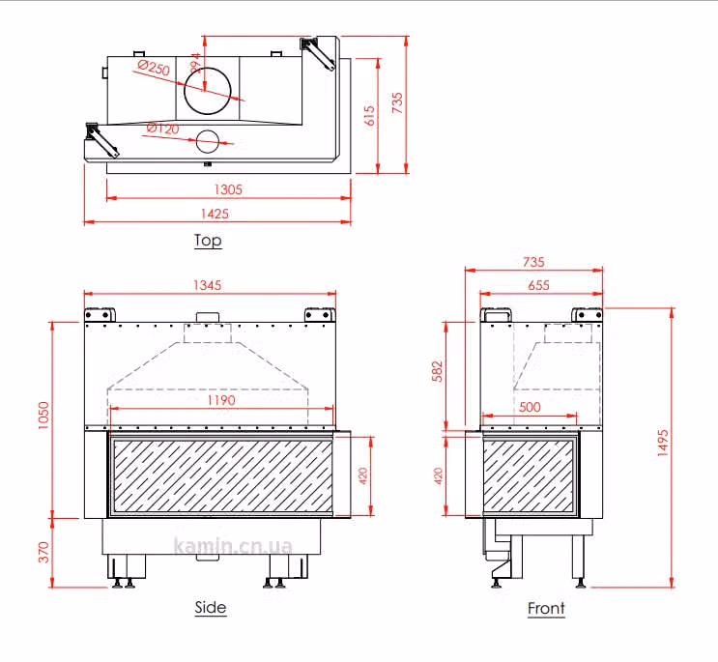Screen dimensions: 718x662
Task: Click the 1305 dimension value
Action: coord(228,189)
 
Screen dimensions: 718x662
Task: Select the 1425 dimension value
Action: coord(215,214)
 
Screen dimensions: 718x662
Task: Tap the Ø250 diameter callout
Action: coord(154,68)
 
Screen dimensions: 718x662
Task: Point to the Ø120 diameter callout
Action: coord(163,128)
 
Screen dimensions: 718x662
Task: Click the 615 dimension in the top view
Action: coord(369,116)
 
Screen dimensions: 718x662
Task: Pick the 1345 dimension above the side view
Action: coord(208,285)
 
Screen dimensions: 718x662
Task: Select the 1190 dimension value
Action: coord(221,400)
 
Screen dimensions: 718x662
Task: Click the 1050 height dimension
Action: coord(43,416)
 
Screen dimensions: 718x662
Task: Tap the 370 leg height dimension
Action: coord(43,552)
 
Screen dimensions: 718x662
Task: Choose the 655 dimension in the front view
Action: coord(538,285)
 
